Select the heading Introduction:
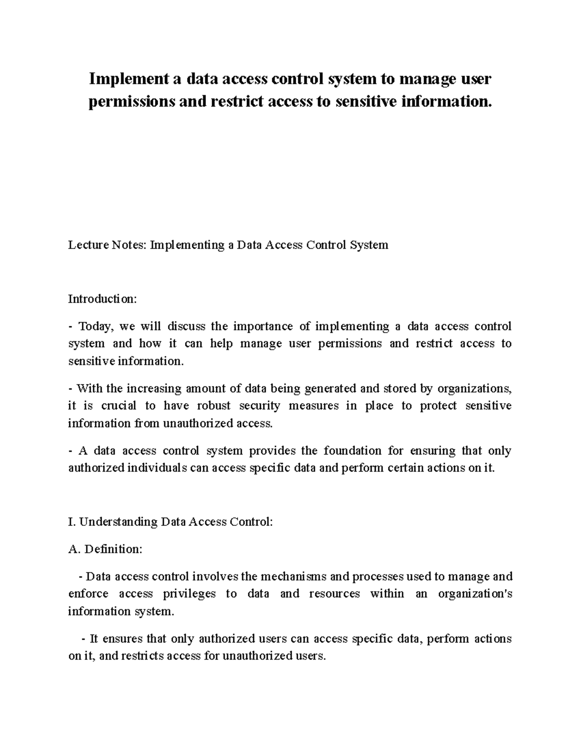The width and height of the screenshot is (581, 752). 103,299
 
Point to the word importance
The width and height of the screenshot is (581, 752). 263,326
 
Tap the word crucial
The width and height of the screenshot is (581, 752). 119,406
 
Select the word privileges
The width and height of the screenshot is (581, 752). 189,594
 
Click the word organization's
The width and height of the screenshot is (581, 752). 474,594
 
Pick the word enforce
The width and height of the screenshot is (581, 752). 88,594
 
